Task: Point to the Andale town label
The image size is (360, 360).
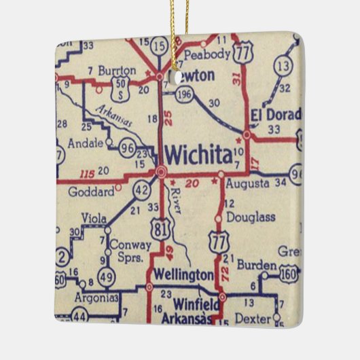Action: point(86,143)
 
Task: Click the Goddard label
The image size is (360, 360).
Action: point(91,192)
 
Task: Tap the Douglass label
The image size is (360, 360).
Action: point(251,217)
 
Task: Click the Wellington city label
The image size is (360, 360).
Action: point(184,275)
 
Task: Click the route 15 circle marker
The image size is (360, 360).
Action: point(159,46)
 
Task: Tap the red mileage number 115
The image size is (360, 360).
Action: point(86,174)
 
